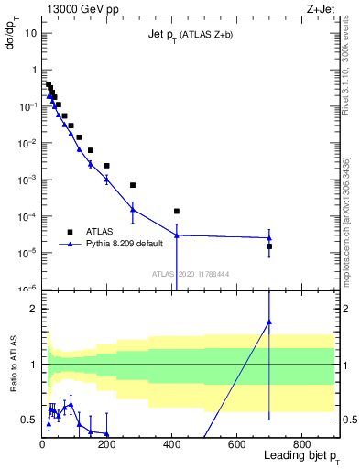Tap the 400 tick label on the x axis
point(171,444)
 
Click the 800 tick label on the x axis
point(301,444)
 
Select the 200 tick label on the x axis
point(107,444)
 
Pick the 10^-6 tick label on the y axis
point(27,289)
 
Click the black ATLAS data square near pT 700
point(269,246)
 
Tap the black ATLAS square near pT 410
point(177,212)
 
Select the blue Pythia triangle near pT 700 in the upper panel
point(269,238)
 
